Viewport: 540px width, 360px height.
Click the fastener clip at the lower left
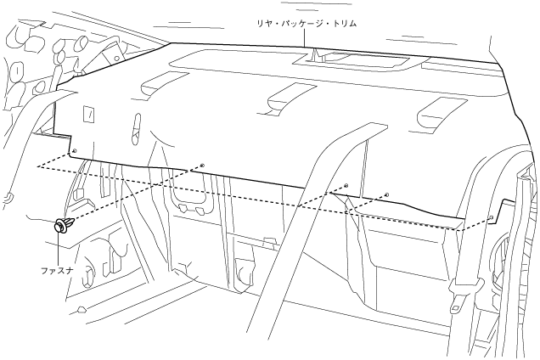(x=62, y=227)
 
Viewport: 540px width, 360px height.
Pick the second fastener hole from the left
(x=202, y=163)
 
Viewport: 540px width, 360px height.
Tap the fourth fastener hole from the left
(x=386, y=194)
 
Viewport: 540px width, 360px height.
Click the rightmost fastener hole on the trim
(x=492, y=217)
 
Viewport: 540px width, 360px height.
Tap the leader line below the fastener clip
(x=58, y=250)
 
